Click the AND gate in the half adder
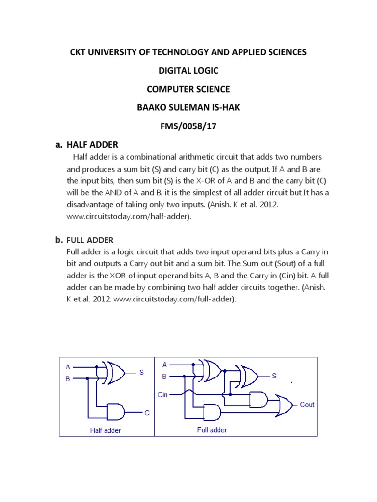pos(121,413)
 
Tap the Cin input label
pos(163,394)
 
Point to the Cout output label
pos(307,405)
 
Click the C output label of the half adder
pos(146,413)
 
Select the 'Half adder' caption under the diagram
pos(105,431)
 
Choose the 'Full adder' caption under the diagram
pos(212,430)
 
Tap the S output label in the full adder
pos(274,376)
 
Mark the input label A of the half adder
pos(68,367)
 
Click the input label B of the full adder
pos(164,377)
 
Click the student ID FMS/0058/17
pos(188,126)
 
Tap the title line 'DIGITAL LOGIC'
pos(188,71)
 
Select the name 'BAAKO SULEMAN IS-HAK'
pos(188,107)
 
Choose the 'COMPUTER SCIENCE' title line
pos(188,89)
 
